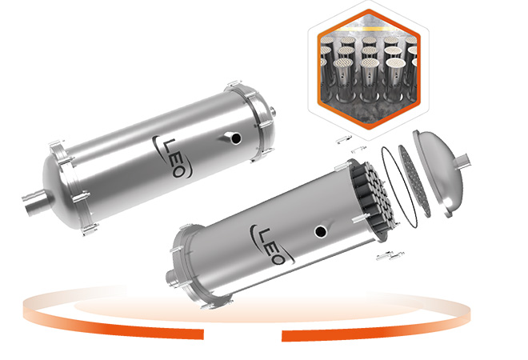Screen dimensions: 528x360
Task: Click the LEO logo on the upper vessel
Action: [x=173, y=157]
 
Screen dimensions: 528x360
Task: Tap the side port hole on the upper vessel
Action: [x=236, y=138]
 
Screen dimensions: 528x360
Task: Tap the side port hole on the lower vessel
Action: [x=320, y=231]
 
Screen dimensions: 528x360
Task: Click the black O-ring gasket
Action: [x=399, y=186]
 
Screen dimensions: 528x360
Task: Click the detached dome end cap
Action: [x=439, y=173]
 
